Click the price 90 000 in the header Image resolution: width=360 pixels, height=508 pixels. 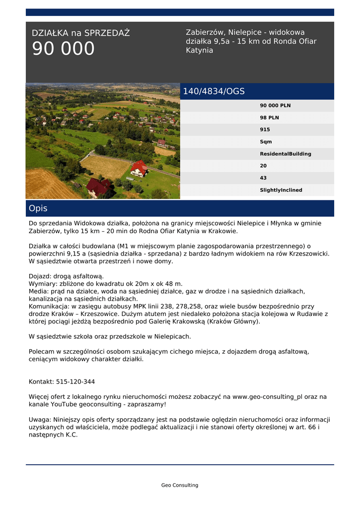click(x=63, y=49)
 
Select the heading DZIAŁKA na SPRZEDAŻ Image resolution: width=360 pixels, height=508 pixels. click(x=80, y=33)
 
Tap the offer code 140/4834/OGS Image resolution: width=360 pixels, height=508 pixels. click(x=214, y=91)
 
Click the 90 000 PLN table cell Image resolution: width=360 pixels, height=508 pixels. click(x=275, y=106)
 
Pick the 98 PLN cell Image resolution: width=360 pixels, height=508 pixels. click(x=269, y=118)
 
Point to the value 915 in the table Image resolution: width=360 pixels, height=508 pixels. click(x=265, y=129)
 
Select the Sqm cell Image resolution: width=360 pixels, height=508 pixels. click(x=266, y=142)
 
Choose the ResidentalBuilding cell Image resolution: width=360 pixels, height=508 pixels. click(x=286, y=154)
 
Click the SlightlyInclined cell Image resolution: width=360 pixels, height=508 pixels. click(x=281, y=190)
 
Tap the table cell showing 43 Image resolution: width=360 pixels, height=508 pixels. click(x=263, y=178)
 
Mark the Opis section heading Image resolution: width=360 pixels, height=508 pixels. click(x=38, y=208)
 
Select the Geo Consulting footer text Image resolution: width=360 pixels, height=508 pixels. click(x=180, y=485)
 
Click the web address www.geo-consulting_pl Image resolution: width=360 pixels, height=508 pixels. click(x=267, y=397)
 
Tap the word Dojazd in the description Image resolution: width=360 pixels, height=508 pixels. click(x=39, y=276)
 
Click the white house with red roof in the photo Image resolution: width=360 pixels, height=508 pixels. click(x=139, y=170)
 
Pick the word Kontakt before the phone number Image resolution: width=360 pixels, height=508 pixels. click(x=41, y=382)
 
